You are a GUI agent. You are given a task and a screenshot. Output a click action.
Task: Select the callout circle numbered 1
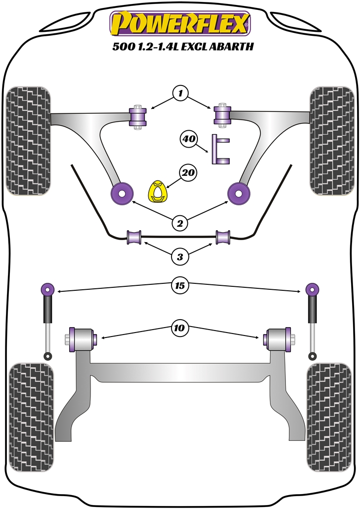pos(180,93)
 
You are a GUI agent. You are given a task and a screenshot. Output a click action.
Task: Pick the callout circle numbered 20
pos(188,173)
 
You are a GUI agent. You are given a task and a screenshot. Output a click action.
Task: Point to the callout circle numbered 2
pos(180,223)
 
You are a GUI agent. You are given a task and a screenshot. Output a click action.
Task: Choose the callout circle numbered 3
pos(180,256)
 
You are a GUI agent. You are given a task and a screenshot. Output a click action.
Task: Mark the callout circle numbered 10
pos(180,328)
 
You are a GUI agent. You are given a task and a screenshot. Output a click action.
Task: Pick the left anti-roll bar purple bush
pos(134,238)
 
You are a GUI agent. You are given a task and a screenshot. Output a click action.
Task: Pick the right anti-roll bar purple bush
pos(223,238)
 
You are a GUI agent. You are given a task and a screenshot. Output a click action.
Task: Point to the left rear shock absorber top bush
pos(48,288)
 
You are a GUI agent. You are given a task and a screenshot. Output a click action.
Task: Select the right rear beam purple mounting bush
pos(278,339)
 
